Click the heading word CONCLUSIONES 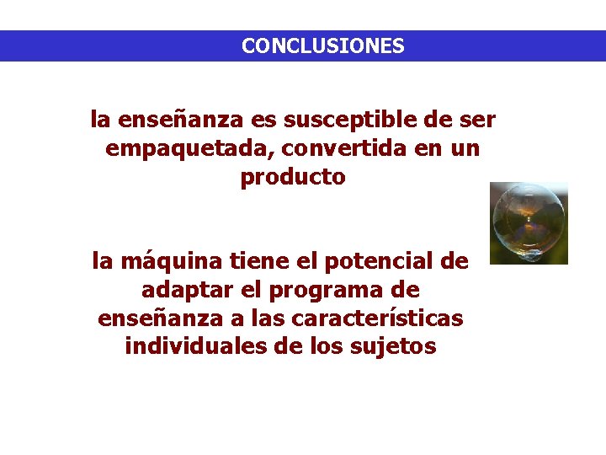(x=322, y=46)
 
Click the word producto (x=293, y=178)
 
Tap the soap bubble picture (x=529, y=223)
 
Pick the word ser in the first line (x=477, y=120)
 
